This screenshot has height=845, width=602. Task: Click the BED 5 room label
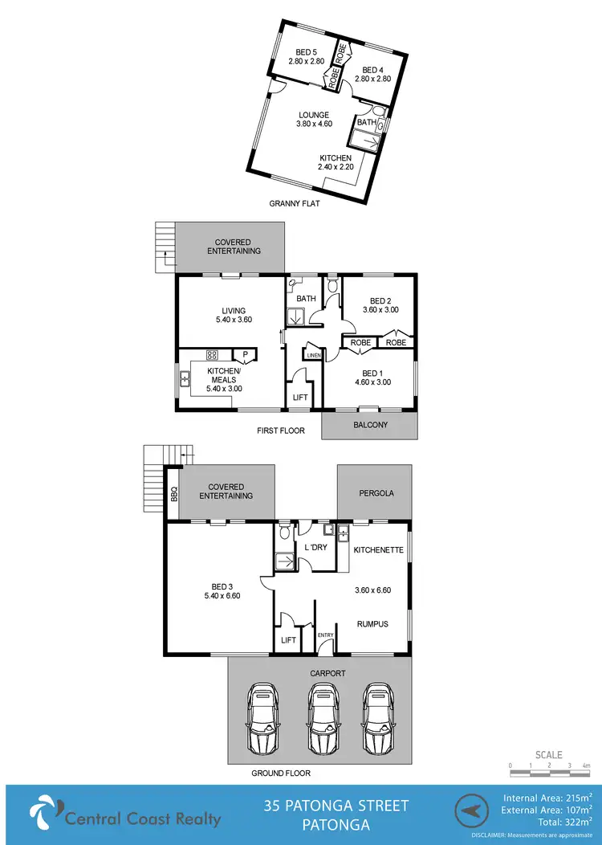[x=307, y=57]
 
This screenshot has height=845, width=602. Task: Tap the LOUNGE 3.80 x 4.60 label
[x=313, y=120]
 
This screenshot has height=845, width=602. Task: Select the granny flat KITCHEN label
[x=336, y=162]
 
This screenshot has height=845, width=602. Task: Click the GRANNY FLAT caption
[x=295, y=203]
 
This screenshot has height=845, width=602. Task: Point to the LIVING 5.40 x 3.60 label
[x=234, y=316]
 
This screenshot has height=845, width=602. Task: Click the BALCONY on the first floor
[x=370, y=425]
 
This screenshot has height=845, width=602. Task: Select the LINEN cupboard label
[x=313, y=354]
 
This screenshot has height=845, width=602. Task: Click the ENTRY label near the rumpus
[x=325, y=635]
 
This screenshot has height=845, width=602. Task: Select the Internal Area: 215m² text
[x=547, y=798]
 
